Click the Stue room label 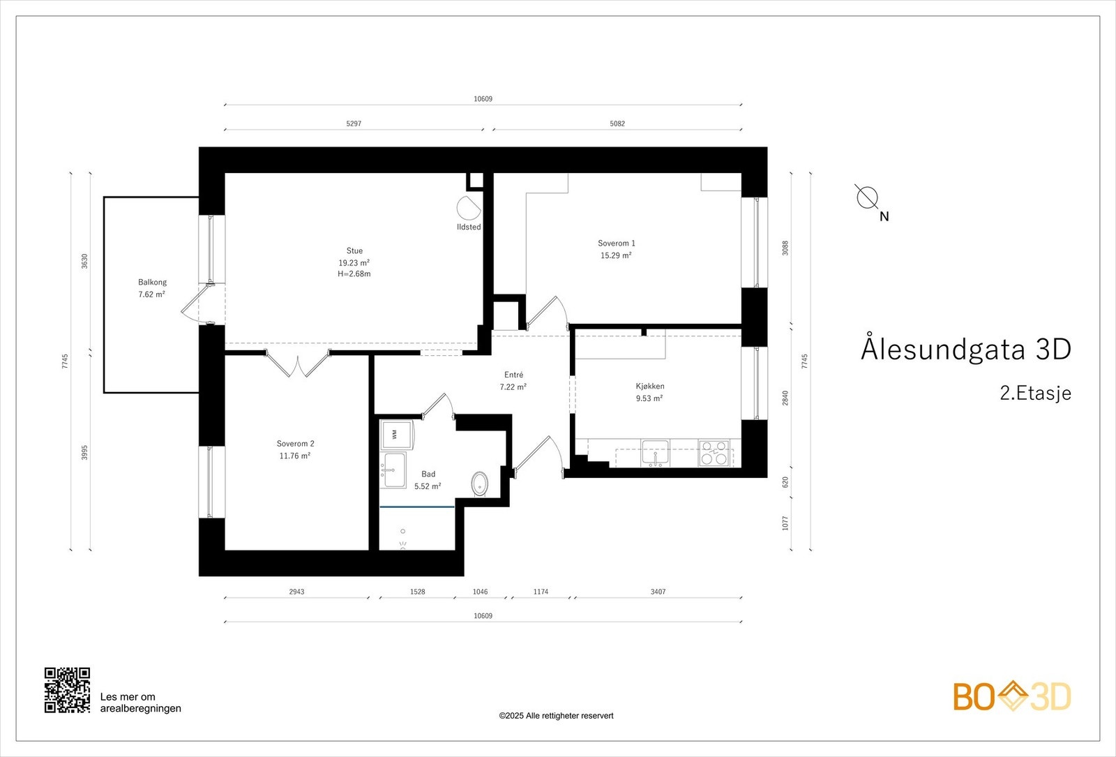pyautogui.click(x=354, y=250)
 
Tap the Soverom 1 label pyautogui.click(x=617, y=243)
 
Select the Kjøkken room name pyautogui.click(x=649, y=387)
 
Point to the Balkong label pyautogui.click(x=152, y=282)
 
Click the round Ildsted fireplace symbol pyautogui.click(x=468, y=208)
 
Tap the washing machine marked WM pyautogui.click(x=397, y=435)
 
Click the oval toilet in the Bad pyautogui.click(x=480, y=484)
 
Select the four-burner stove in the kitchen pyautogui.click(x=714, y=453)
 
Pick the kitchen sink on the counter pyautogui.click(x=655, y=453)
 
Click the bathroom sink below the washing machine pyautogui.click(x=393, y=470)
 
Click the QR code pyautogui.click(x=67, y=690)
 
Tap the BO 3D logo pyautogui.click(x=1012, y=696)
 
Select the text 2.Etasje pyautogui.click(x=1035, y=394)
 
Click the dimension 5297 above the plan pyautogui.click(x=354, y=123)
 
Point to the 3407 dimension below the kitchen pyautogui.click(x=658, y=592)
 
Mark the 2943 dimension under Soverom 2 pyautogui.click(x=296, y=592)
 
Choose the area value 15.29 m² pyautogui.click(x=616, y=255)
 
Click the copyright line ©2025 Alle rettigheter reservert pyautogui.click(x=556, y=716)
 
